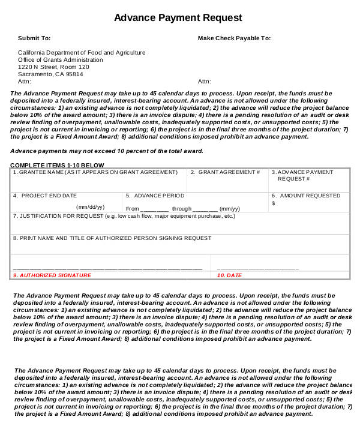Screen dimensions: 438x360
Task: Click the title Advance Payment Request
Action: [x=178, y=18]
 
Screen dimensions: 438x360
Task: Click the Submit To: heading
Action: [x=34, y=38]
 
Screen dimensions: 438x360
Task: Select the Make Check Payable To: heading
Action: [x=234, y=38]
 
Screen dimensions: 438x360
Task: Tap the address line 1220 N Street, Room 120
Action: [x=53, y=67]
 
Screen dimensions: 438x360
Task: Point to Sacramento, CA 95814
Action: [x=50, y=74]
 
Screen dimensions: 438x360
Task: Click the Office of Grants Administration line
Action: [x=61, y=60]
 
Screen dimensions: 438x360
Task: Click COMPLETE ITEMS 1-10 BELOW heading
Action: [x=57, y=165]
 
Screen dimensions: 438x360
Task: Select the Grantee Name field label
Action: [x=96, y=172]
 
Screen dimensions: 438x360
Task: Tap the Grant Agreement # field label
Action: [x=226, y=172]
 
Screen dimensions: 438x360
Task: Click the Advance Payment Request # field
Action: [x=302, y=176]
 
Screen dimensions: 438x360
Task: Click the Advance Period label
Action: [x=155, y=196]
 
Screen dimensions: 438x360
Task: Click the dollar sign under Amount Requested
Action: [x=273, y=203]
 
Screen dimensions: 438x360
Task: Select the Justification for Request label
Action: [x=124, y=216]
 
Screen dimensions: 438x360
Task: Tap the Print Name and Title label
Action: [x=112, y=238]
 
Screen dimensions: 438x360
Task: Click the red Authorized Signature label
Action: [x=52, y=275]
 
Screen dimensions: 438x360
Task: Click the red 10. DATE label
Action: [x=229, y=275]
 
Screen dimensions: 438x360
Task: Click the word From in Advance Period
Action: [x=133, y=209]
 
